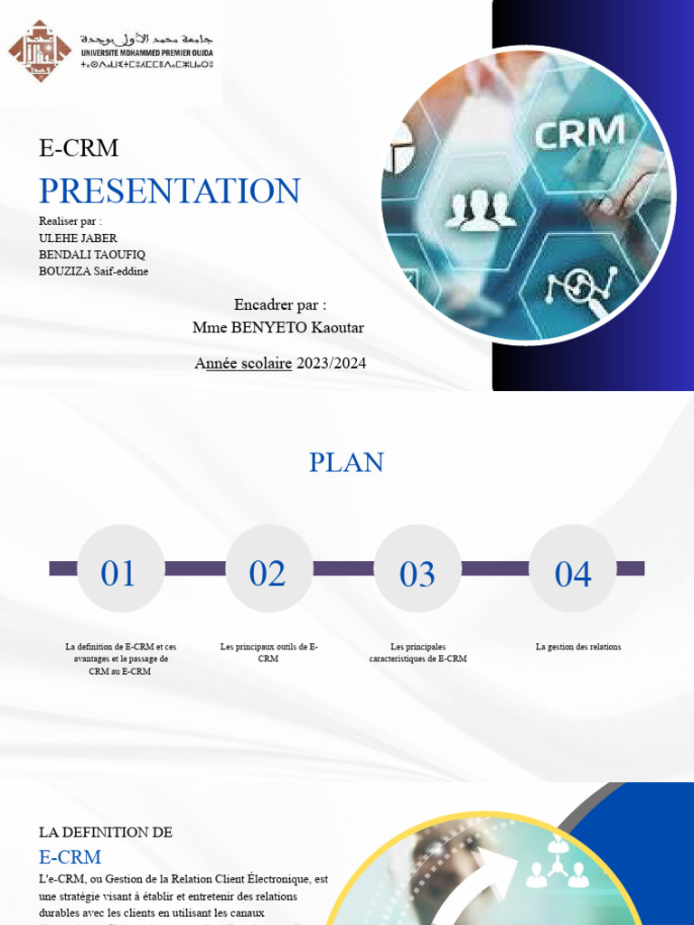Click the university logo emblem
(x=39, y=51)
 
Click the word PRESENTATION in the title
(x=170, y=191)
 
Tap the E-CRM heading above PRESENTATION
(x=79, y=149)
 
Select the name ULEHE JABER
(x=78, y=238)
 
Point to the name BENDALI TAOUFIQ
(x=92, y=255)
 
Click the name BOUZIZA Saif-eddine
(x=94, y=271)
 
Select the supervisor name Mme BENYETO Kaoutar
(x=278, y=327)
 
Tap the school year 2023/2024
(x=331, y=363)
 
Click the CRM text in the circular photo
(x=579, y=134)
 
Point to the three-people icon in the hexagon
(x=479, y=210)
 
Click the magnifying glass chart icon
(x=580, y=289)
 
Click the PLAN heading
(x=346, y=462)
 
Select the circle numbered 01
(x=119, y=569)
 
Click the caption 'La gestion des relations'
(x=578, y=647)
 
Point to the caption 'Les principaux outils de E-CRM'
(x=268, y=652)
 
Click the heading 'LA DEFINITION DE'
(x=106, y=832)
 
